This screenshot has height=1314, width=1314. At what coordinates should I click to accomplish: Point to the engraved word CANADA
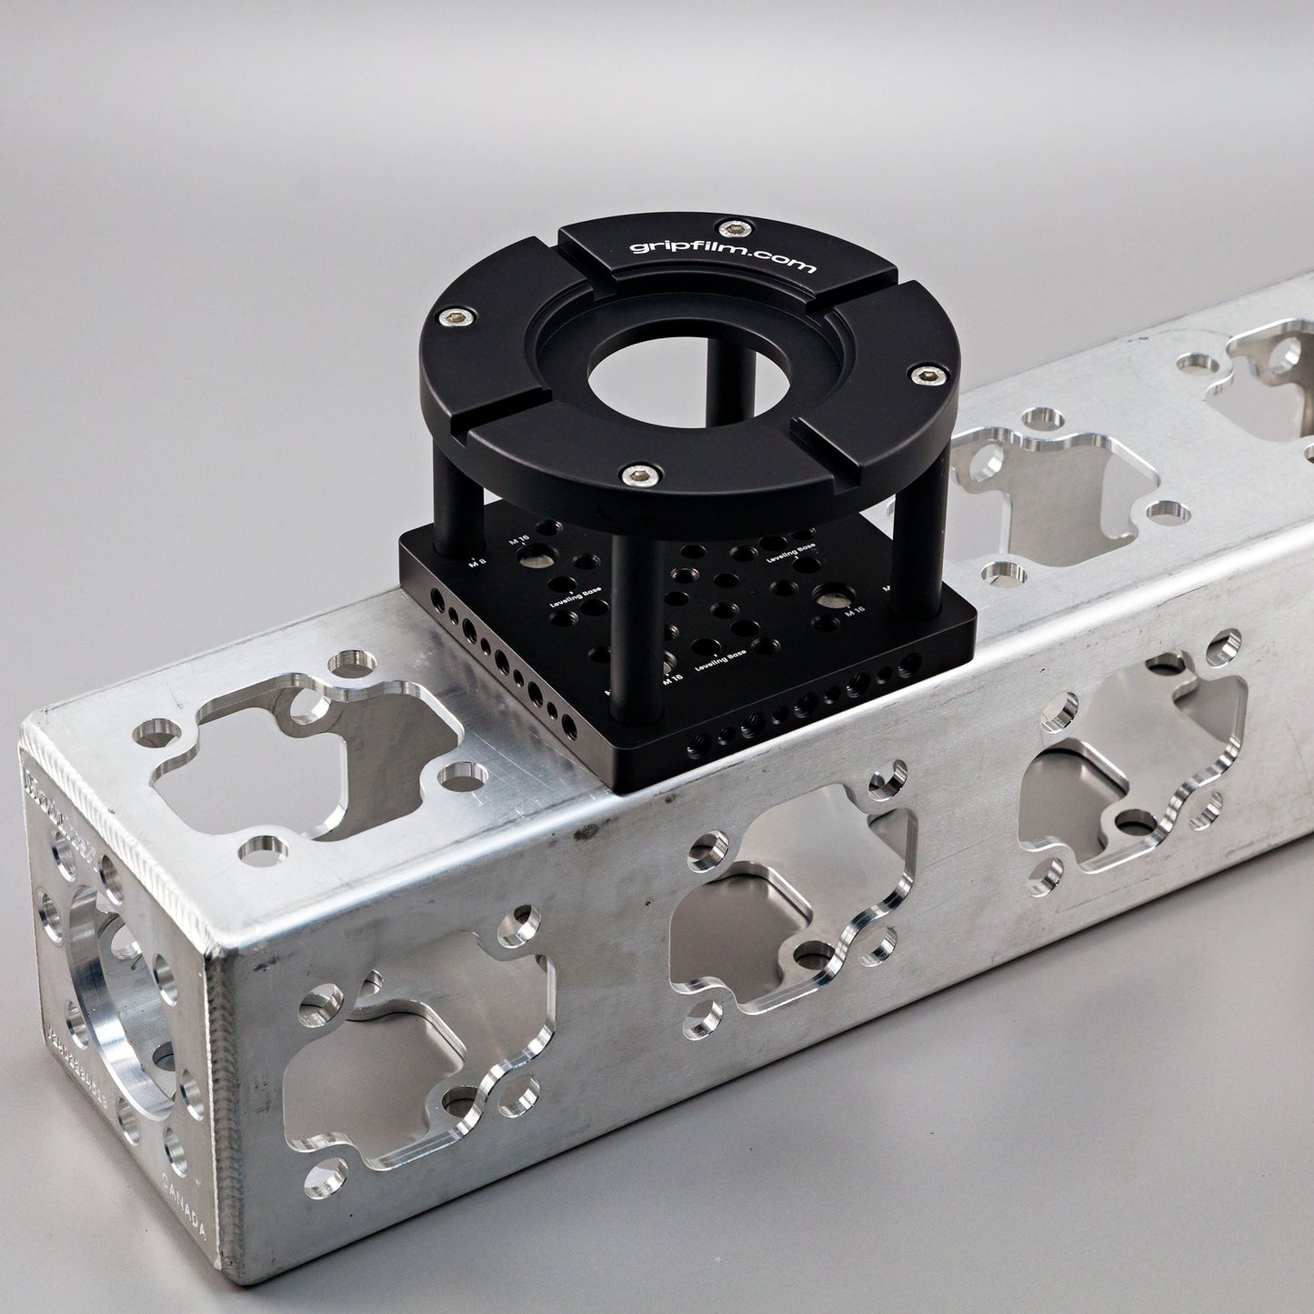(x=187, y=1209)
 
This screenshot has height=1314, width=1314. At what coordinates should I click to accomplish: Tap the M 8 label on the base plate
(x=474, y=563)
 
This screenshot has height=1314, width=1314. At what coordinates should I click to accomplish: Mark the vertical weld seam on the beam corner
(x=216, y=1100)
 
